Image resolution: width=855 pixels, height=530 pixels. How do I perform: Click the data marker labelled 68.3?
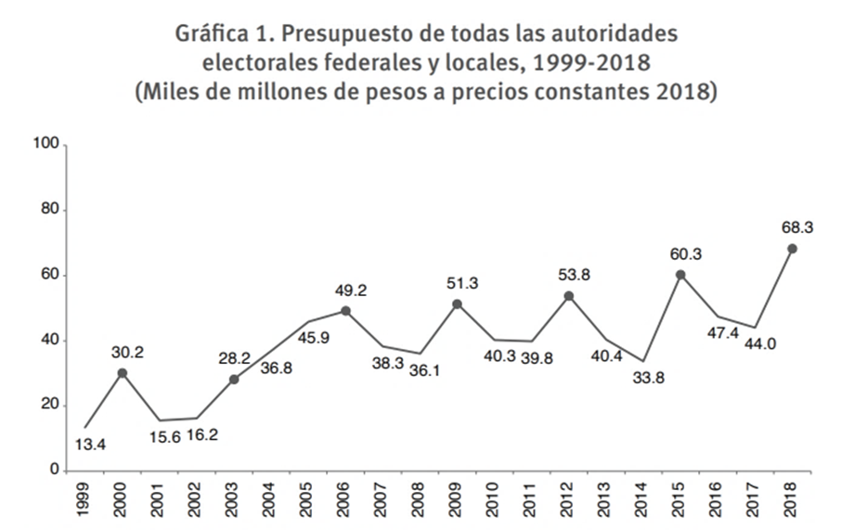coord(792,249)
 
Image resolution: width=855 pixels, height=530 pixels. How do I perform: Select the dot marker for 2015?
coord(680,275)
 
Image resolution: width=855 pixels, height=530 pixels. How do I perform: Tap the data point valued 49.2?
coord(344,311)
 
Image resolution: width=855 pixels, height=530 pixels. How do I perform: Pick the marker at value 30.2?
coord(122,373)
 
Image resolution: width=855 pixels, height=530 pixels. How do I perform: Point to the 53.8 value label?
coord(568,273)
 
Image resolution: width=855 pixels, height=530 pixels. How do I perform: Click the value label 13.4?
coord(89,445)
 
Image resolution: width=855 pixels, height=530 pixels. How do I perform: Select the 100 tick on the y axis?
coord(46,145)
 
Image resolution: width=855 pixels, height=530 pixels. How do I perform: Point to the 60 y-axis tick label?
coord(50,276)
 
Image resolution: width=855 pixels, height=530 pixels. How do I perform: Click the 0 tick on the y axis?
coord(55,471)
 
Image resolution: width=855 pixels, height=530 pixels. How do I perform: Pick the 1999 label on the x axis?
coord(85,499)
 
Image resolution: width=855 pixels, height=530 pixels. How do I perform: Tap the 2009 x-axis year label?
coord(457,499)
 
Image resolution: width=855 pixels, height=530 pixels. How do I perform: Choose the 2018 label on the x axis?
coord(792,499)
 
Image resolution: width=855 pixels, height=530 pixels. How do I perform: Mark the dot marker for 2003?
coord(233,380)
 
